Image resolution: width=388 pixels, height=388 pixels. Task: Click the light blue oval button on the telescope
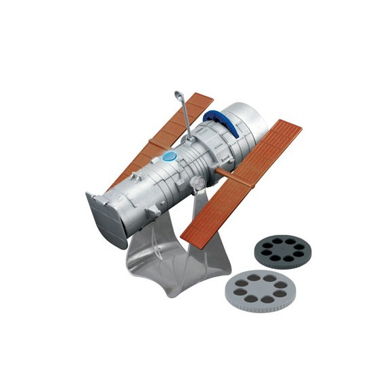(169, 157)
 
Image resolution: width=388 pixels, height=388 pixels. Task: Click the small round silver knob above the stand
(196, 182)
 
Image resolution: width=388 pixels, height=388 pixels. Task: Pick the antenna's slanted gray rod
(182, 109)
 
